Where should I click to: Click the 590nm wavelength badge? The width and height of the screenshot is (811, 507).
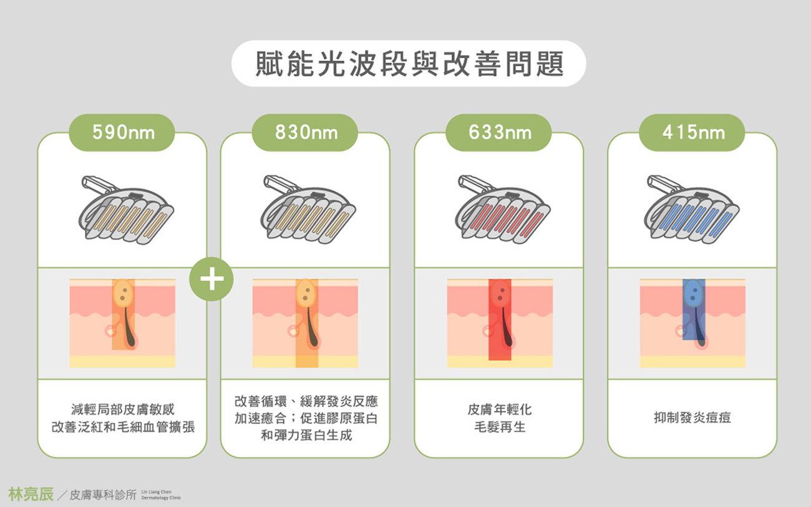coord(122,132)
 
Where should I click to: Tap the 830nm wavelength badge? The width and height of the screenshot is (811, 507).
coord(305,132)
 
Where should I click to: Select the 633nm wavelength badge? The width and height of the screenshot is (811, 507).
coord(498,132)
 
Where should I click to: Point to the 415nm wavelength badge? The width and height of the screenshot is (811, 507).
coord(692,132)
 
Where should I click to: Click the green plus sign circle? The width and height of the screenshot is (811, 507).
coord(211,279)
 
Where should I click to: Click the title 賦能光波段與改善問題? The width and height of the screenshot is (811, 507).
coord(409,64)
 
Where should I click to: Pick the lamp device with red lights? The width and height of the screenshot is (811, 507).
coord(503,210)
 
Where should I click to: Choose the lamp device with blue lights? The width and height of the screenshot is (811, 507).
coord(692,210)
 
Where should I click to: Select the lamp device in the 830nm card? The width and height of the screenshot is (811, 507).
coord(308,210)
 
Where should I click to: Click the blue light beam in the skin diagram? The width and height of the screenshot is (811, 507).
coord(694,309)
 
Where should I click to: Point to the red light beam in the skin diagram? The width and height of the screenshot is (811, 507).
coord(500,319)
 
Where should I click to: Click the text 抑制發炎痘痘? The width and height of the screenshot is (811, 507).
coord(692,418)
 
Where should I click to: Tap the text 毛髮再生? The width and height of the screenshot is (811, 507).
coord(500,427)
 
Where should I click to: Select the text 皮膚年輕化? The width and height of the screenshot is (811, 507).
coord(500,409)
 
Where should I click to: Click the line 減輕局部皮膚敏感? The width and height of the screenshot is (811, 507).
coord(123,409)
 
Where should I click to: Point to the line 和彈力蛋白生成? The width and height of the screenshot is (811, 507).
coord(306,435)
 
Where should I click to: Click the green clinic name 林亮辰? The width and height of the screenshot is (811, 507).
coord(31,494)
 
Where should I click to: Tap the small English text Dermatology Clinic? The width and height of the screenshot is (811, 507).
coord(161,498)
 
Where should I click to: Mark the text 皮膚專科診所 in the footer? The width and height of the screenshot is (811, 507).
coord(103,495)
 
